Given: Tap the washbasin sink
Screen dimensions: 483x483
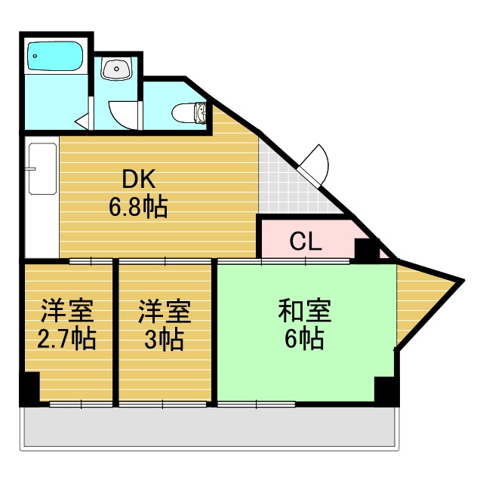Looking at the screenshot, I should (116, 70).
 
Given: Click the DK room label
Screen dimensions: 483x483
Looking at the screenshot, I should (138, 180).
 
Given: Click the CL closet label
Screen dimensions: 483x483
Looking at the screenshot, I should (306, 242).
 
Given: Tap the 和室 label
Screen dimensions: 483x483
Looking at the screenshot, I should (304, 310).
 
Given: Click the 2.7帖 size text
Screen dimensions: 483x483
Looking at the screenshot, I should (66, 339).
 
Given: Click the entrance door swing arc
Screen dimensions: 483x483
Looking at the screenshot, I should (315, 160).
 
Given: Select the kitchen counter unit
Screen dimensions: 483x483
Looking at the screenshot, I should (42, 198).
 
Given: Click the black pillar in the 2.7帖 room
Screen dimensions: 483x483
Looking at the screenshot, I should (29, 389).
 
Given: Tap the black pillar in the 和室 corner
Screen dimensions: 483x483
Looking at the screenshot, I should (385, 390).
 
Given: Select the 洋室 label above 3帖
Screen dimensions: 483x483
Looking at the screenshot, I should (164, 310).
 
